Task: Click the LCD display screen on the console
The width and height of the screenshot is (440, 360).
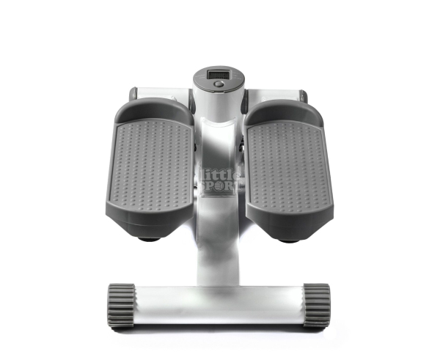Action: click(218, 74)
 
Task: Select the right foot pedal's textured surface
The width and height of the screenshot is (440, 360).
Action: click(285, 167)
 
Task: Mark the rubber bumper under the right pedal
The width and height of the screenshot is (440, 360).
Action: click(288, 238)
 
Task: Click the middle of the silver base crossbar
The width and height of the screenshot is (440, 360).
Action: click(219, 301)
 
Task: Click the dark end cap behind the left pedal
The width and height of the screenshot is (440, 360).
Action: click(133, 94)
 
